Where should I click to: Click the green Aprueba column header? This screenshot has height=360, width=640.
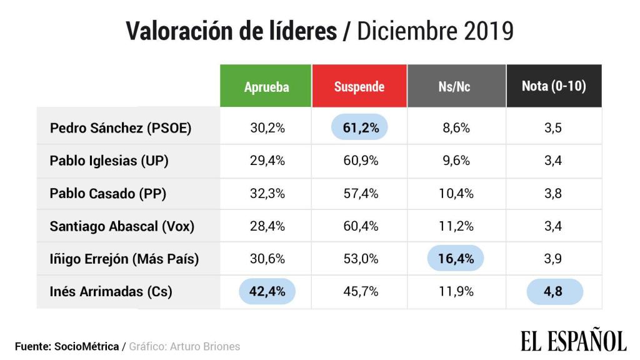click(x=266, y=86)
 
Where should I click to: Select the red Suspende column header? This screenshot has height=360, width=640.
click(x=359, y=86)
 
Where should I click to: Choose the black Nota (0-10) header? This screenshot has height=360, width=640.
click(x=554, y=86)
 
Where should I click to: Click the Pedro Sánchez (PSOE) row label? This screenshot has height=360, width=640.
click(x=121, y=128)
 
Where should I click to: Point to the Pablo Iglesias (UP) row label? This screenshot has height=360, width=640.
click(x=109, y=161)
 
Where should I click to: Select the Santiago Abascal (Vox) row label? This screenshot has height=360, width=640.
click(x=122, y=226)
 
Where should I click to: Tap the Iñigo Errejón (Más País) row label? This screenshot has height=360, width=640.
click(x=124, y=259)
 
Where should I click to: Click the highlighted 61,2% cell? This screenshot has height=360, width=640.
click(x=359, y=128)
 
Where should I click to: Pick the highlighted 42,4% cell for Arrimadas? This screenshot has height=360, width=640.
click(x=267, y=291)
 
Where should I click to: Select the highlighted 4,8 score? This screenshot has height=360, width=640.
click(x=554, y=291)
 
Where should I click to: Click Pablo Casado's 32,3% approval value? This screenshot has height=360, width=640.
click(x=267, y=194)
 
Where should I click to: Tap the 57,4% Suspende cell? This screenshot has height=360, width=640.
click(x=360, y=194)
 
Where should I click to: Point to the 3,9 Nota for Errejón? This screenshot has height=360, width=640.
click(x=554, y=259)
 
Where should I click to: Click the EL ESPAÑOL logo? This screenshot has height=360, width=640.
click(x=573, y=341)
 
